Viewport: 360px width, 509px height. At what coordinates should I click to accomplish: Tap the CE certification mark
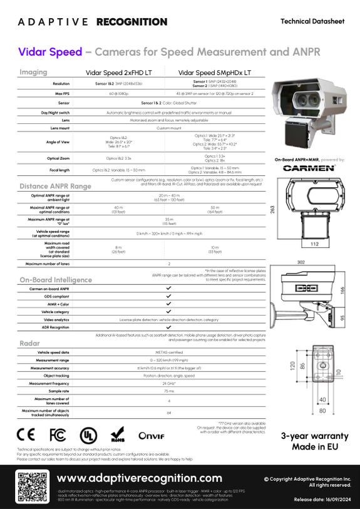click(26, 434)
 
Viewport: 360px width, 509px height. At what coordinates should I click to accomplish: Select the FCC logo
click(57, 434)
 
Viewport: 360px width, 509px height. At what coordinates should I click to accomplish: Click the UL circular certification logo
click(88, 434)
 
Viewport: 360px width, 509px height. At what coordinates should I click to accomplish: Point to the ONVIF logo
click(152, 434)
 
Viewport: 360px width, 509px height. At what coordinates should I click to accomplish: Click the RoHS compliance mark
click(118, 434)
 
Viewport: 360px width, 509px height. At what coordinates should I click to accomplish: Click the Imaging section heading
click(33, 72)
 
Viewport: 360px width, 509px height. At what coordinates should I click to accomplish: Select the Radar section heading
click(29, 343)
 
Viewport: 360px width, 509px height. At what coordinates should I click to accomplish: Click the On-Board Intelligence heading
click(56, 279)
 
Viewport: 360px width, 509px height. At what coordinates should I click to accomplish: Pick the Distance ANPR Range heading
click(55, 186)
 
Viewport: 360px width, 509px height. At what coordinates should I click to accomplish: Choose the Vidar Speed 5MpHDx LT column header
click(215, 73)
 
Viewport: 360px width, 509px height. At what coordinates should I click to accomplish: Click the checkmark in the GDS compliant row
click(168, 296)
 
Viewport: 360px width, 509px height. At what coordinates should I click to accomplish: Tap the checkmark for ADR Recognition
click(168, 327)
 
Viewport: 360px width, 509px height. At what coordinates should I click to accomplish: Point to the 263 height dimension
click(272, 210)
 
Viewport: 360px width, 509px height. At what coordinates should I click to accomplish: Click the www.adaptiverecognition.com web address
click(139, 478)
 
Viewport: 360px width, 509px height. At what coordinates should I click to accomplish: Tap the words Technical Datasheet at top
click(312, 21)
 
